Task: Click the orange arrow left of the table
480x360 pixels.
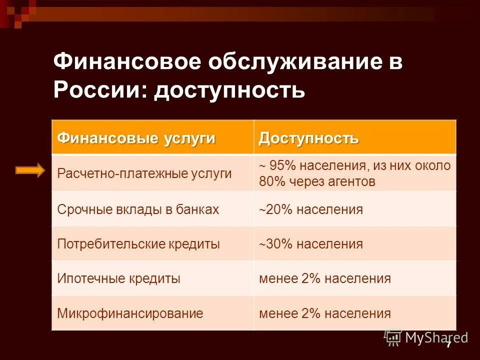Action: click(30, 170)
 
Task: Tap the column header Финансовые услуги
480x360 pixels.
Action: click(136, 138)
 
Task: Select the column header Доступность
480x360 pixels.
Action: click(308, 138)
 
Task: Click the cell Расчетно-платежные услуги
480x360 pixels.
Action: click(144, 173)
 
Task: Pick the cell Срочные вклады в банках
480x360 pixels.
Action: click(138, 209)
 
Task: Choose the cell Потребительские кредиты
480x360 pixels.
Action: click(138, 244)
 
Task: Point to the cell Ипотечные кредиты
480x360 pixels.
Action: click(119, 278)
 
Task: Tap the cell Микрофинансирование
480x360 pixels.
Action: click(130, 313)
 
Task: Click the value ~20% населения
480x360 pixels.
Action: click(310, 209)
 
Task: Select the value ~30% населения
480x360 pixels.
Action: click(310, 244)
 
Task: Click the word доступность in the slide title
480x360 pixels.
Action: click(229, 90)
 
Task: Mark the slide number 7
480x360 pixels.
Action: click(448, 344)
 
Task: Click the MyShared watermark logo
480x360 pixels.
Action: click(426, 338)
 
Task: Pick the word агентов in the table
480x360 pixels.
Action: click(349, 181)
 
